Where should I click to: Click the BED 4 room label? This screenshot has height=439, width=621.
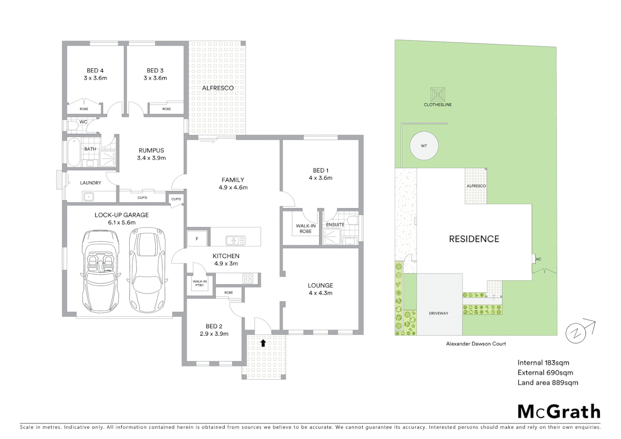[x=95, y=71]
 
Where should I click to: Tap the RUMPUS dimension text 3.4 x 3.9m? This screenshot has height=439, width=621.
[x=151, y=158]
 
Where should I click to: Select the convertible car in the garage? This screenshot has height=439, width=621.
[x=100, y=270]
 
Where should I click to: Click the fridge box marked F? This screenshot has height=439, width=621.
[x=197, y=239]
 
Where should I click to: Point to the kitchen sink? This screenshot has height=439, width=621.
[x=235, y=241]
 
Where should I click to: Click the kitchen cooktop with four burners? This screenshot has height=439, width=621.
[x=248, y=278]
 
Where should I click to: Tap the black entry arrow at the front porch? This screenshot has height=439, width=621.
[x=263, y=343]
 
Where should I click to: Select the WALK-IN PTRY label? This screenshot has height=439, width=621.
[x=200, y=283]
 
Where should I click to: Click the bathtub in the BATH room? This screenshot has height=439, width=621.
[x=74, y=152]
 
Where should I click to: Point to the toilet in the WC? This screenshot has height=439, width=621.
[x=72, y=126]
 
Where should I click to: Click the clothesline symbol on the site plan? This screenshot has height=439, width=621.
[x=438, y=95]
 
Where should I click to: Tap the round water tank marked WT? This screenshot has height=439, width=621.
[x=424, y=146]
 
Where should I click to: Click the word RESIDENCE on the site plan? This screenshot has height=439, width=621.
[x=474, y=239]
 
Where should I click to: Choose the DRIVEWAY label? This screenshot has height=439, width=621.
[x=439, y=313]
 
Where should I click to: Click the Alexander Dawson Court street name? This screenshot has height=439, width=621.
[x=476, y=344]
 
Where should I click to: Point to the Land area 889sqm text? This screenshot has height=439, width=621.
[x=547, y=382]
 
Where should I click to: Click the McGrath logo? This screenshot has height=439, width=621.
[x=559, y=411]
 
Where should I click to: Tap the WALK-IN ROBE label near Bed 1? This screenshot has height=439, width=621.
[x=306, y=228]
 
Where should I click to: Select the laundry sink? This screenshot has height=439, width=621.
[x=88, y=197]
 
